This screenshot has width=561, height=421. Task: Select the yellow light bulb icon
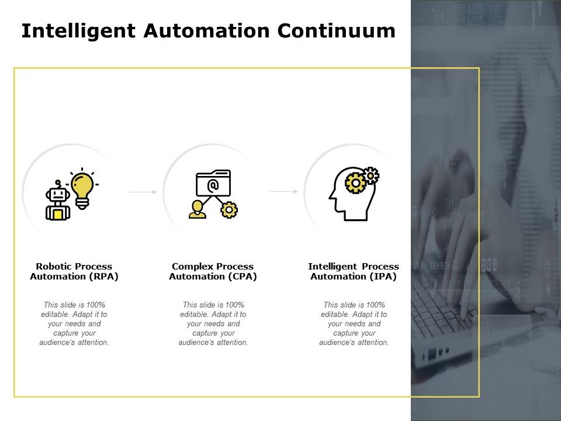coord(82,188)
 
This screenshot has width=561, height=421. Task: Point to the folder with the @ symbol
coord(213,184)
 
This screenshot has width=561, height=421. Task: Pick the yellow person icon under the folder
coord(198,209)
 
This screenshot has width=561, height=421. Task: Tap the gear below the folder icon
coord(229,210)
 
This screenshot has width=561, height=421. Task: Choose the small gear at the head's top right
coord(370,175)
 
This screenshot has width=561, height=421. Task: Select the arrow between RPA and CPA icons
coord(143,192)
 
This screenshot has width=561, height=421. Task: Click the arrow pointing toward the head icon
coord(284,191)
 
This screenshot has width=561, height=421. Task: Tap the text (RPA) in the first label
coord(105,277)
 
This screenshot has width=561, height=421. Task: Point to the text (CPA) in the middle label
coord(244,277)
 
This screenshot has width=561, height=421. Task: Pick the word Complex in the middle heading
coord(192,267)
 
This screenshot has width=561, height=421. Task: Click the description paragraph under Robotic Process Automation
coord(74,323)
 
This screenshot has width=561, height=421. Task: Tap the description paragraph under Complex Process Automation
coord(213,323)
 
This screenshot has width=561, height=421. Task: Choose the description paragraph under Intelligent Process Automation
coord(354,323)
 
